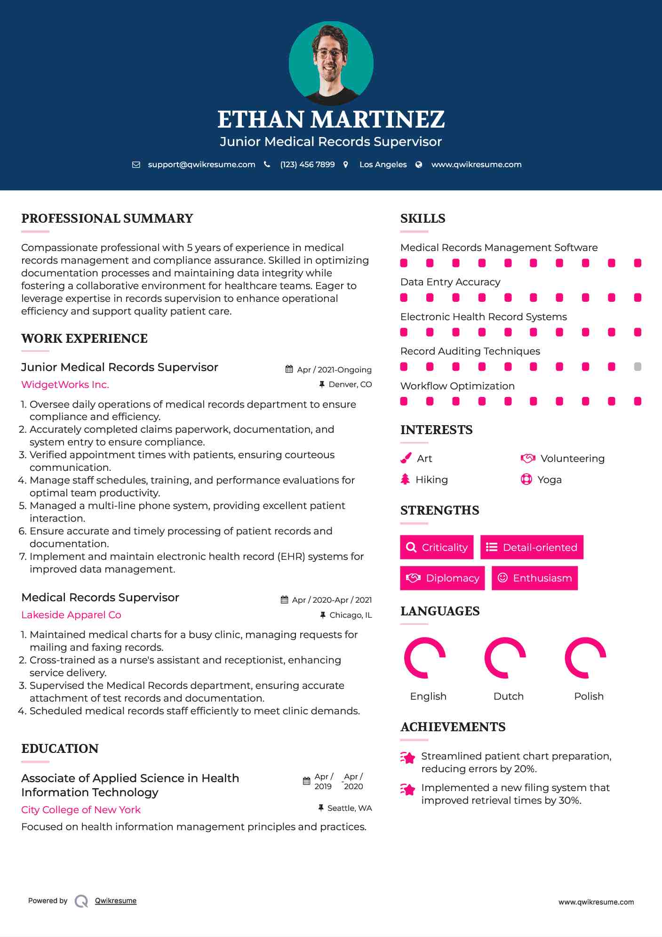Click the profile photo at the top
tap(331, 63)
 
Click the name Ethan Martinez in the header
tap(331, 120)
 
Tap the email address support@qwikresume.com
tap(201, 165)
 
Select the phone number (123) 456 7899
tap(307, 165)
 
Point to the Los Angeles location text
tap(383, 165)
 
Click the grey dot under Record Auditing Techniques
tap(638, 367)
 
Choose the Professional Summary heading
tap(107, 218)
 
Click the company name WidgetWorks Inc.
tap(65, 385)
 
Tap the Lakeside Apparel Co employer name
tap(71, 615)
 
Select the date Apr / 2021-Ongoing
tap(334, 370)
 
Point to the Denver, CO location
tap(350, 385)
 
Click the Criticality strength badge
tap(437, 547)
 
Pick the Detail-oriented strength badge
tap(532, 547)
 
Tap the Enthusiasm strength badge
tap(534, 578)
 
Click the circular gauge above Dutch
tap(505, 658)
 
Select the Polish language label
tap(589, 696)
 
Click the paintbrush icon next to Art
tap(406, 459)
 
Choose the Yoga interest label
tap(550, 480)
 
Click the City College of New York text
tap(81, 810)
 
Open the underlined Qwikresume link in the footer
tap(116, 901)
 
